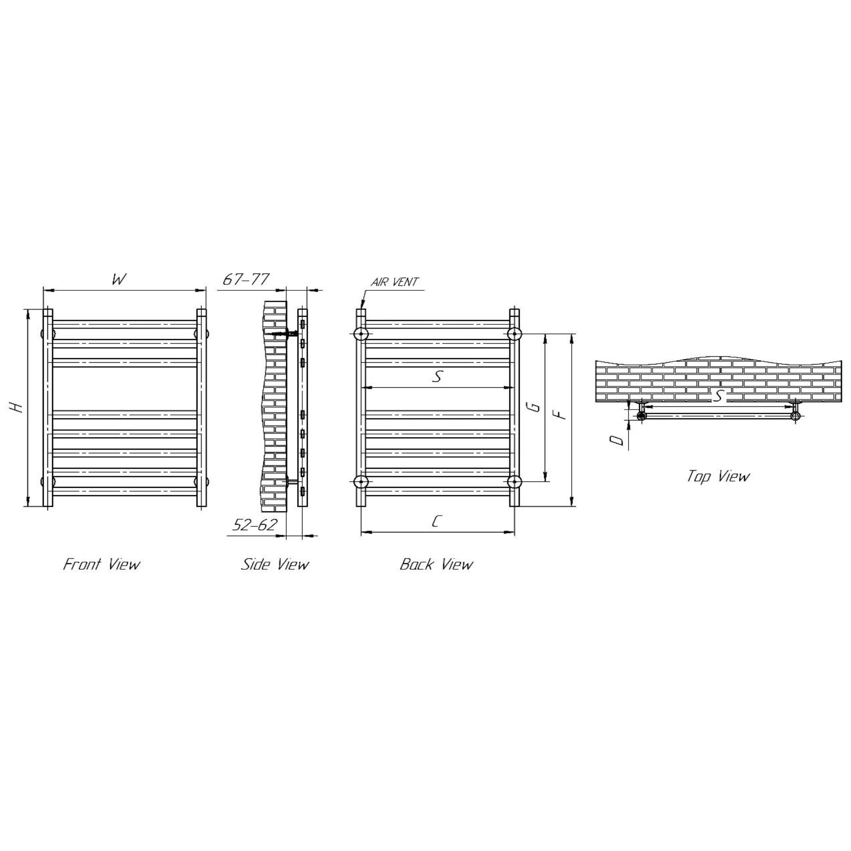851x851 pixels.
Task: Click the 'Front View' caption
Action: click(x=101, y=565)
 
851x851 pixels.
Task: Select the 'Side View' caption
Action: click(x=275, y=565)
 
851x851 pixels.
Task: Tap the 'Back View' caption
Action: click(x=436, y=565)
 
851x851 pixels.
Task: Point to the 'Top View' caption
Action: click(x=718, y=476)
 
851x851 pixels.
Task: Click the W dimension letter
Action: click(x=119, y=279)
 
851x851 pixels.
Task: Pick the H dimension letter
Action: click(x=18, y=408)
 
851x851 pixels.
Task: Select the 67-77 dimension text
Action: click(x=246, y=279)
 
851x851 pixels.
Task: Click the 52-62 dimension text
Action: click(x=254, y=525)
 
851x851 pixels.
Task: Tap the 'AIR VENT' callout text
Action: click(x=394, y=282)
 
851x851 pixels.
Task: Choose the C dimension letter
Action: click(x=436, y=522)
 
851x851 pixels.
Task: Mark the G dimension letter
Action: click(x=536, y=406)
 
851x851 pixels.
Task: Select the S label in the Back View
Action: click(x=437, y=376)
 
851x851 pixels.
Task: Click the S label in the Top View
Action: click(x=718, y=396)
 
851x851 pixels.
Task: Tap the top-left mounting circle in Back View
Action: click(x=361, y=334)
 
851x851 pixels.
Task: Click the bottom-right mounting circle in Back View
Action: click(x=514, y=481)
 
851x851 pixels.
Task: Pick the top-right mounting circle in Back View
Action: click(x=514, y=334)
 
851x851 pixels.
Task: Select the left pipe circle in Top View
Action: click(x=642, y=415)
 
